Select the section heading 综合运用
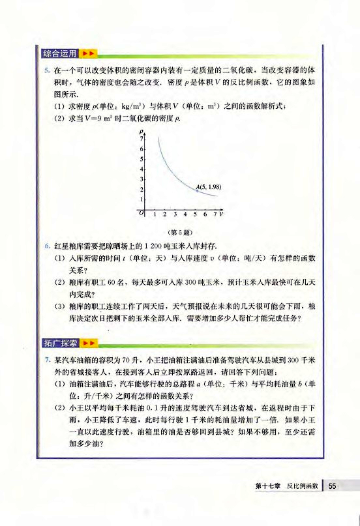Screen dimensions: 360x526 point(61,52)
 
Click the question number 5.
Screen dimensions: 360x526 point(47,68)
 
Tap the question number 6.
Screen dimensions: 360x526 point(47,246)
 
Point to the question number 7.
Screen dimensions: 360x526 point(47,359)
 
